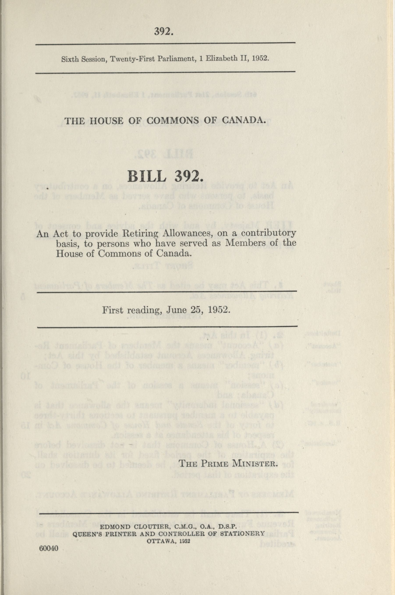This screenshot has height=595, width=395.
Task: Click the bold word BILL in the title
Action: click(147, 177)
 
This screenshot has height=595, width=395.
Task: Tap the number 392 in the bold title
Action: click(187, 177)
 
